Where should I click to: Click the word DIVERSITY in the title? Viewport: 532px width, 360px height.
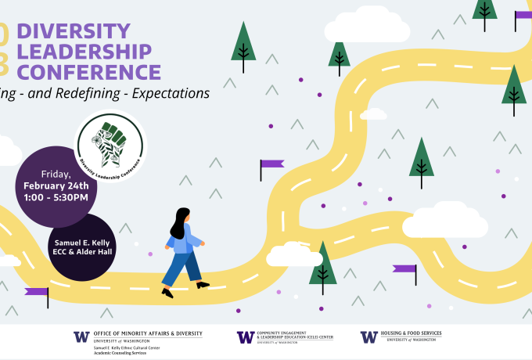[x=74, y=31]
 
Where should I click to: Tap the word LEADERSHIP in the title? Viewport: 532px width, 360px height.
[x=84, y=52]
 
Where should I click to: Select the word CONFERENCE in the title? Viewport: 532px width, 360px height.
[x=89, y=72]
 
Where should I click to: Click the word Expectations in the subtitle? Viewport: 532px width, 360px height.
[x=171, y=92]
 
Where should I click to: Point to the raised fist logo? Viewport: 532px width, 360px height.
[x=110, y=142]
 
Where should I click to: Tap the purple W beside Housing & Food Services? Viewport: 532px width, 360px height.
[x=368, y=337]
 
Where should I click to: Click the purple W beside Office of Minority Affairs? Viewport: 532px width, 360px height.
[x=81, y=337]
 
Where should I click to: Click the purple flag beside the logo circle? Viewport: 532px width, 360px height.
[x=271, y=165]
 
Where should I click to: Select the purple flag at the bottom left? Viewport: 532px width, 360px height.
[x=37, y=293]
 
